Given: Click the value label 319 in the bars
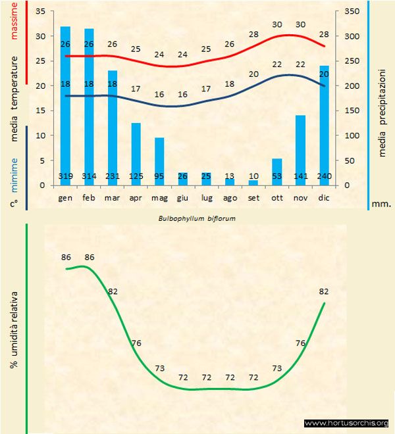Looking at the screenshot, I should (x=65, y=176).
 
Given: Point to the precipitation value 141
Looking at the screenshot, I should (x=300, y=176).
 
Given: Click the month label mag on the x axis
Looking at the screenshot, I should (x=159, y=197).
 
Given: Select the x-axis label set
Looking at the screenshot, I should (x=253, y=197).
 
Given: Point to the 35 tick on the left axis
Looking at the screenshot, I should (x=39, y=12).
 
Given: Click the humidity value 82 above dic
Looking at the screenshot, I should (x=324, y=291).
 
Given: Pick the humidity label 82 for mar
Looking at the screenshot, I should (x=113, y=291).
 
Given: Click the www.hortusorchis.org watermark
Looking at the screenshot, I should (x=347, y=423).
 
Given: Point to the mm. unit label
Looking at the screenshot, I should (x=381, y=204).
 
